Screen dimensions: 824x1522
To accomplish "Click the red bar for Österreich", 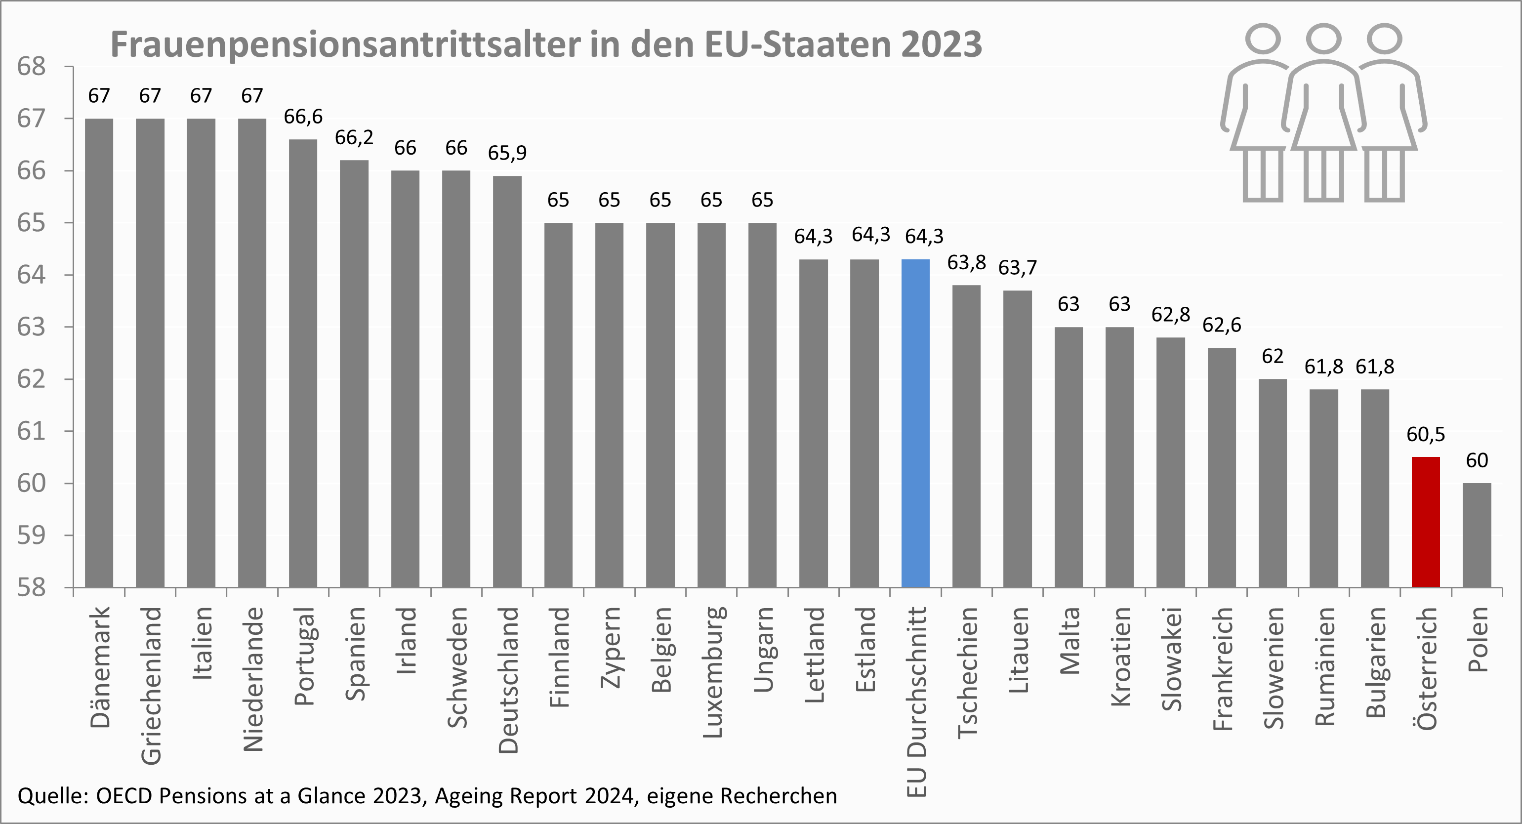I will [x=1425, y=522].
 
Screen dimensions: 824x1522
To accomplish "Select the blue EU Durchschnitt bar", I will [x=915, y=423].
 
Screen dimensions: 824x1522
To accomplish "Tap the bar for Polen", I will [x=1477, y=535].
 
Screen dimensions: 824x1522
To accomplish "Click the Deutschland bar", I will [x=507, y=381].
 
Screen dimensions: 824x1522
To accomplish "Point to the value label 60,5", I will [x=1425, y=435].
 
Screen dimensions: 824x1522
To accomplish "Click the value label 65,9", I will [x=507, y=153].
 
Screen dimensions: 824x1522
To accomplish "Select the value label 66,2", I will [x=354, y=138].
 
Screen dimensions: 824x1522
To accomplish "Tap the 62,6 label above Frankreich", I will [x=1221, y=325].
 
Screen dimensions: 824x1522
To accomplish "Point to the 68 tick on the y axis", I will [x=31, y=67].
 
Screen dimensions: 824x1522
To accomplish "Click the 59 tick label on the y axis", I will [x=31, y=535].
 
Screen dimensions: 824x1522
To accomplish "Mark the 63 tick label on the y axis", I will [x=31, y=327].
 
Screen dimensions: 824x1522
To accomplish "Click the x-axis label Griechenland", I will [x=151, y=685].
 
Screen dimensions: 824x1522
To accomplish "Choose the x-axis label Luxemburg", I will [x=712, y=672].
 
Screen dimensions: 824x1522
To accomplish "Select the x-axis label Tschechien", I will [x=968, y=672].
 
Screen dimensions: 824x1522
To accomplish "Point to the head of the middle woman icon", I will [x=1323, y=39].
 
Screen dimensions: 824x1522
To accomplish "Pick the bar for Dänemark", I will [x=99, y=353].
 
